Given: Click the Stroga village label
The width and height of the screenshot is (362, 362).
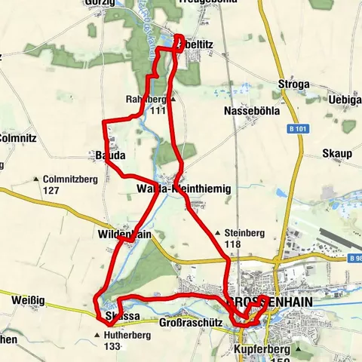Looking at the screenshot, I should coord(293,84).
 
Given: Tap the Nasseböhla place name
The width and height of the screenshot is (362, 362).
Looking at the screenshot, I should coord(252,111).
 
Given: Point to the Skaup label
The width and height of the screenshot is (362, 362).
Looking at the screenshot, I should coord(337,154).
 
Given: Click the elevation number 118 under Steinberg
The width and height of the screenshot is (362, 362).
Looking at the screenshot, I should coord(232,244).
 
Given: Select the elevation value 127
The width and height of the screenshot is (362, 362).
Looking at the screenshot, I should coord(51,190).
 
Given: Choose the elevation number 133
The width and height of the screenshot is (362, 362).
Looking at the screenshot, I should coord(113,346).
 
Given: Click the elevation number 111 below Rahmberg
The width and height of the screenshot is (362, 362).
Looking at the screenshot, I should coord(157,110).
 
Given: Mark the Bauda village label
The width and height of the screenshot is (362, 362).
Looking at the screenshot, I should coord(109,155).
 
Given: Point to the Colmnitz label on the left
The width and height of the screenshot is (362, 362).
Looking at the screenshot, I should coord(14,138).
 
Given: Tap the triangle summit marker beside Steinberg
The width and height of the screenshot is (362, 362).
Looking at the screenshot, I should coord(218,233).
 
